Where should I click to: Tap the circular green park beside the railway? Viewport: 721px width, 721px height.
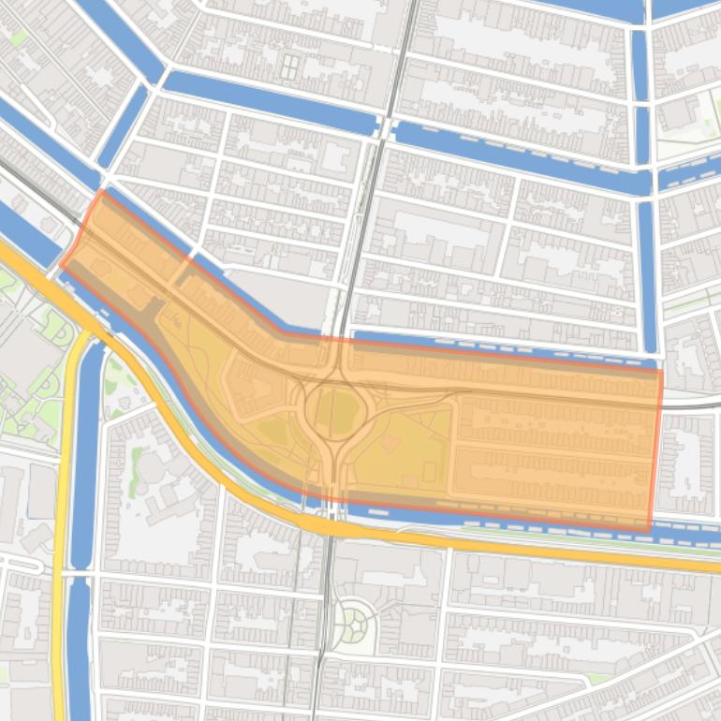[357, 620]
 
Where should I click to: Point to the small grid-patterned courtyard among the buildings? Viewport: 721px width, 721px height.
[290, 66]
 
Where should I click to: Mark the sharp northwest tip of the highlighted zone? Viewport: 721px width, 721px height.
[100, 192]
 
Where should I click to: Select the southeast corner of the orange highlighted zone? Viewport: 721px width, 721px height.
[649, 531]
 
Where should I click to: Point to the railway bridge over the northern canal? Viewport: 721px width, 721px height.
[385, 127]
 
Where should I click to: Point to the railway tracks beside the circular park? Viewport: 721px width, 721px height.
[324, 618]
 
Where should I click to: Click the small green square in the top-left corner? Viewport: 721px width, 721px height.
[18, 37]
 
